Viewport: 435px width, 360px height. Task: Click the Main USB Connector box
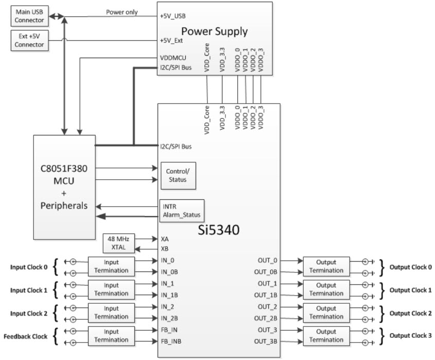(x=29, y=15)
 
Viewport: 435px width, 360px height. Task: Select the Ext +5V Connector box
(x=29, y=41)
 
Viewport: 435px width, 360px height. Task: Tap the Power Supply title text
(x=214, y=31)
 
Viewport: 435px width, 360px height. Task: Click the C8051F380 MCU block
(x=64, y=186)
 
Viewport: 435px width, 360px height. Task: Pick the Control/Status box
(x=177, y=175)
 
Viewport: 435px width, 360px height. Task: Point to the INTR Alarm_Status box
(x=181, y=212)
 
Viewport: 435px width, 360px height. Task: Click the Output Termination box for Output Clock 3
(x=326, y=336)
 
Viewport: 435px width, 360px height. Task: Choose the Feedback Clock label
(x=25, y=336)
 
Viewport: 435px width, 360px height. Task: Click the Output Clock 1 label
(x=410, y=290)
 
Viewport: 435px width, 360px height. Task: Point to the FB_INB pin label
(x=170, y=341)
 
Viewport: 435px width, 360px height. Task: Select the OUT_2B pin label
(x=267, y=318)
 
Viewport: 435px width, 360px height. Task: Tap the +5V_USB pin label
(x=173, y=16)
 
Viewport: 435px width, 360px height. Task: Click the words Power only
(x=121, y=12)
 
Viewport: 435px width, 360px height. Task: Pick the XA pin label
(x=164, y=239)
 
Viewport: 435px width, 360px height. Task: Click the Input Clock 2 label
(x=29, y=313)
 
